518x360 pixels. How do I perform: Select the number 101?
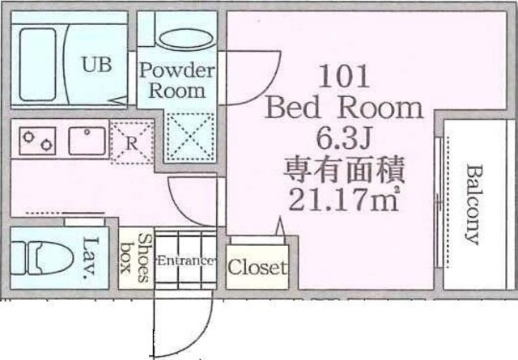click(x=345, y=78)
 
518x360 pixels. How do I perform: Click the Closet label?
click(x=257, y=267)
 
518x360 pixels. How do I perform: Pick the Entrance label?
click(x=186, y=260)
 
